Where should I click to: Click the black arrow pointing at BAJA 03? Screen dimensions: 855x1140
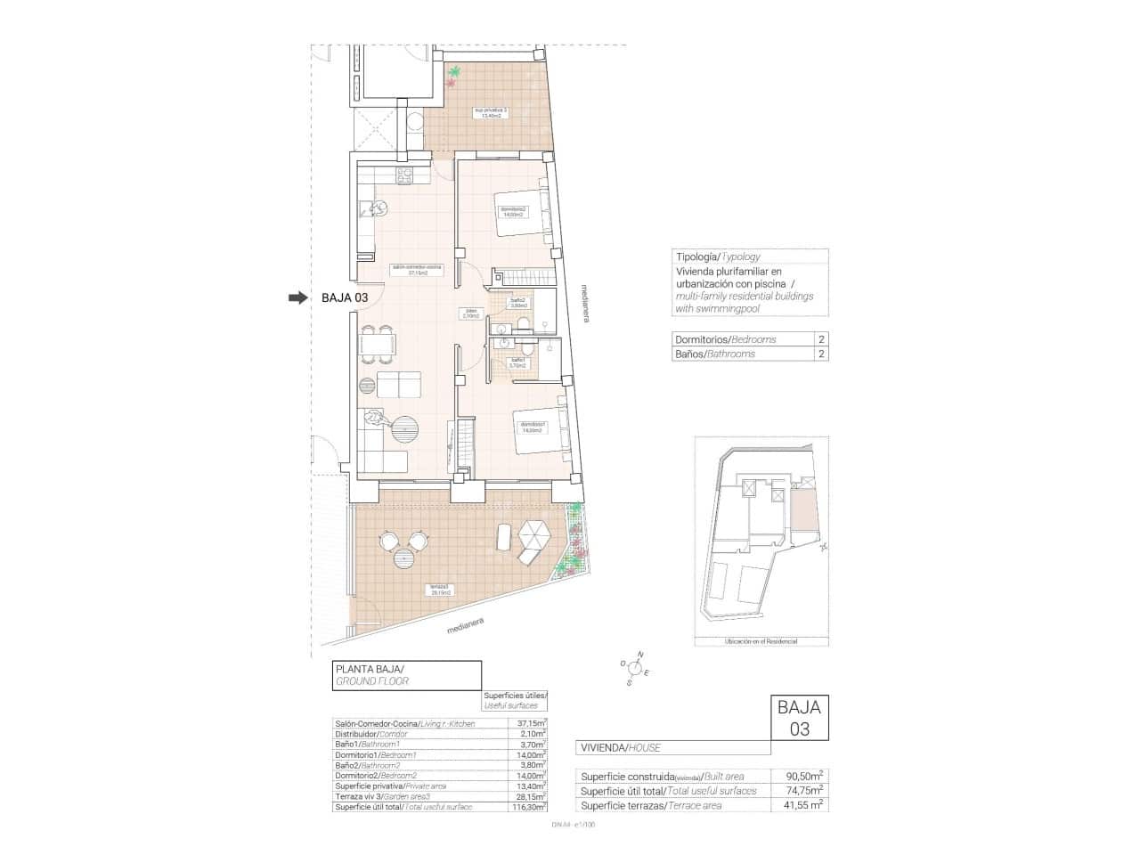[x=297, y=298]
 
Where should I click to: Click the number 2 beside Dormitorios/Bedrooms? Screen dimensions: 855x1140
[x=820, y=339]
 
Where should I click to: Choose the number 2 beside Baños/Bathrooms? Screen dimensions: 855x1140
[x=820, y=354]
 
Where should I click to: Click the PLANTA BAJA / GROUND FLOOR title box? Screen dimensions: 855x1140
[x=406, y=674]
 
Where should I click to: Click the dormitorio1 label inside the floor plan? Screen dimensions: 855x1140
[x=533, y=427]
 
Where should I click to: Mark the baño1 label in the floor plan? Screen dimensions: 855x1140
[x=518, y=362]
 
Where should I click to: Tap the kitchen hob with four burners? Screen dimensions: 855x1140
[x=404, y=175]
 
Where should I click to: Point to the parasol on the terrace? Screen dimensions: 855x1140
[x=535, y=536]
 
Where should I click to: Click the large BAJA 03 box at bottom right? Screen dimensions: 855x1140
[x=799, y=718]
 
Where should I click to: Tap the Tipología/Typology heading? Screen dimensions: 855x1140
[x=718, y=256]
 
